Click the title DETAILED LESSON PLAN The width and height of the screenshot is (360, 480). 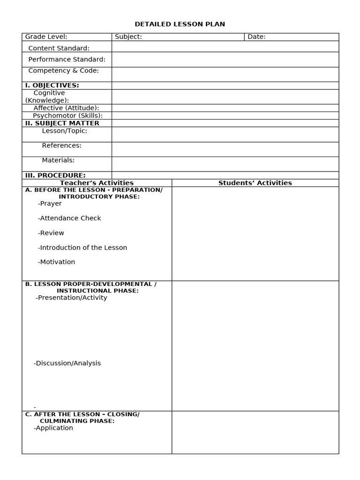[180, 24]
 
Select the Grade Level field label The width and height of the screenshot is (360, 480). [46, 37]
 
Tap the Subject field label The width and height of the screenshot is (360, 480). [128, 37]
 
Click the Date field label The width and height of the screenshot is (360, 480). [256, 37]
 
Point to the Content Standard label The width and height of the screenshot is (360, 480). [59, 48]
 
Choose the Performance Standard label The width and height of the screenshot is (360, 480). [67, 59]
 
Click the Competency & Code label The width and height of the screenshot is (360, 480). [63, 70]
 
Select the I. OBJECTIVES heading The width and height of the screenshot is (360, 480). [52, 85]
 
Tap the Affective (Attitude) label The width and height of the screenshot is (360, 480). [66, 108]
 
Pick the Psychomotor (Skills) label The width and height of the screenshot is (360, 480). [67, 115]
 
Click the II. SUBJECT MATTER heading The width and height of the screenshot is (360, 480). [62, 123]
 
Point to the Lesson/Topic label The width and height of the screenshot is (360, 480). [65, 131]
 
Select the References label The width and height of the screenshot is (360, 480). [62, 145]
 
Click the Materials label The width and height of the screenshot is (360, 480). [58, 160]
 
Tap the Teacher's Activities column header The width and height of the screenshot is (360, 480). [97, 183]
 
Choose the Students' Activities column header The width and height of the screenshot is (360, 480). [255, 183]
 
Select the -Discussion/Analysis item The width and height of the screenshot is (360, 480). [67, 363]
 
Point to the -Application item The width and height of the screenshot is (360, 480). [53, 427]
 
